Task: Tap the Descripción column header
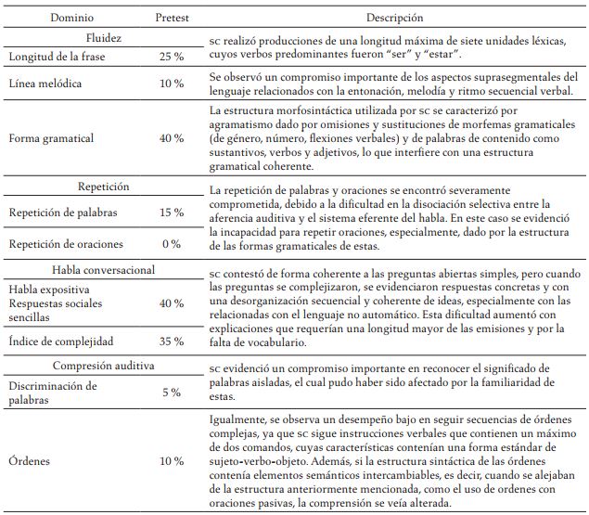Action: tap(394, 17)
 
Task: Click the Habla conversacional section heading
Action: tap(102, 270)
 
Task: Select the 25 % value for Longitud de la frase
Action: tap(171, 58)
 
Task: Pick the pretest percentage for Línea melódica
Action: tap(171, 84)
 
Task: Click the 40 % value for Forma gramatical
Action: tap(171, 138)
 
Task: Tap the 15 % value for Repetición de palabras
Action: tap(171, 212)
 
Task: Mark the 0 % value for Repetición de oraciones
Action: tap(171, 243)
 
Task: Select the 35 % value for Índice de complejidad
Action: tap(171, 341)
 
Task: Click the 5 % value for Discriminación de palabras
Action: tap(171, 393)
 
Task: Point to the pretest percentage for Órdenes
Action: tap(171, 460)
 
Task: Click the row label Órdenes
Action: tap(29, 460)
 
